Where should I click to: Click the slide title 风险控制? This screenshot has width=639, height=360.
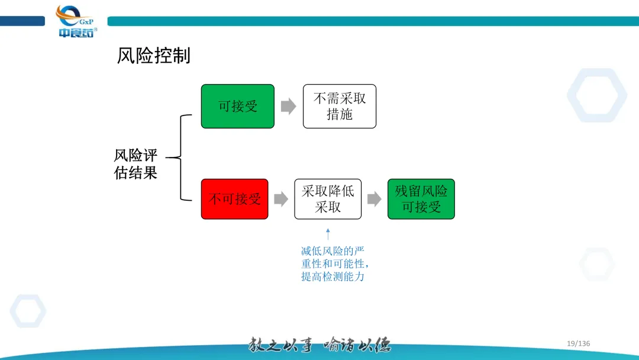point(154,56)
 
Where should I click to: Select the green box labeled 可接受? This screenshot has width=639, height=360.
point(238,106)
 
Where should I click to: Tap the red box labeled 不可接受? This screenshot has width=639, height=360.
point(234,199)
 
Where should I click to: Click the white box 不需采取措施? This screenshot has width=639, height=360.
point(340,106)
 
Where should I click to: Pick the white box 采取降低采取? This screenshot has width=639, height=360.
point(328,199)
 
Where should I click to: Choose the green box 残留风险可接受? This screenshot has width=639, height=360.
point(421,199)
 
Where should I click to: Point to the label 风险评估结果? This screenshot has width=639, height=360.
point(135,164)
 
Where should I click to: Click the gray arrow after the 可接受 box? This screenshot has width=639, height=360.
point(288,107)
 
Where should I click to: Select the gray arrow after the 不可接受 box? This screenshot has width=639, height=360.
point(281,199)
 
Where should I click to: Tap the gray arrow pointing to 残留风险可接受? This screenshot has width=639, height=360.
point(374,199)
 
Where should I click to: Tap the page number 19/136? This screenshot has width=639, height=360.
point(578,343)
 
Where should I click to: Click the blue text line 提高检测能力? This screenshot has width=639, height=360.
point(333,277)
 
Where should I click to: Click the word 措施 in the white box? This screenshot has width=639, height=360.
point(340,114)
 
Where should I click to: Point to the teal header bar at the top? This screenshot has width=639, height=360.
point(373,21)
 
